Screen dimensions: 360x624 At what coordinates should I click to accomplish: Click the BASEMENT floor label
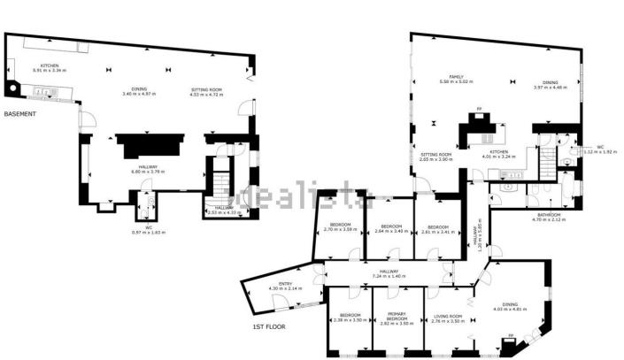pos(19,114)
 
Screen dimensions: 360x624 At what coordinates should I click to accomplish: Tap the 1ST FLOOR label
pos(268,327)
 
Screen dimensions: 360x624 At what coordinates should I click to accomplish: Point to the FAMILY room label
pos(457,77)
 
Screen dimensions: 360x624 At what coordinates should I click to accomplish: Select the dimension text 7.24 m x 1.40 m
pos(389,277)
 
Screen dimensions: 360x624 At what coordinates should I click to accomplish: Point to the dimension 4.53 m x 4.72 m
pos(210,93)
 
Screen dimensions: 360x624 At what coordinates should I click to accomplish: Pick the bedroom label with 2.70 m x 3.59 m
pos(341,226)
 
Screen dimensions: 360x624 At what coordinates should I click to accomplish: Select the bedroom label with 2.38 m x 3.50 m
pos(349,316)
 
